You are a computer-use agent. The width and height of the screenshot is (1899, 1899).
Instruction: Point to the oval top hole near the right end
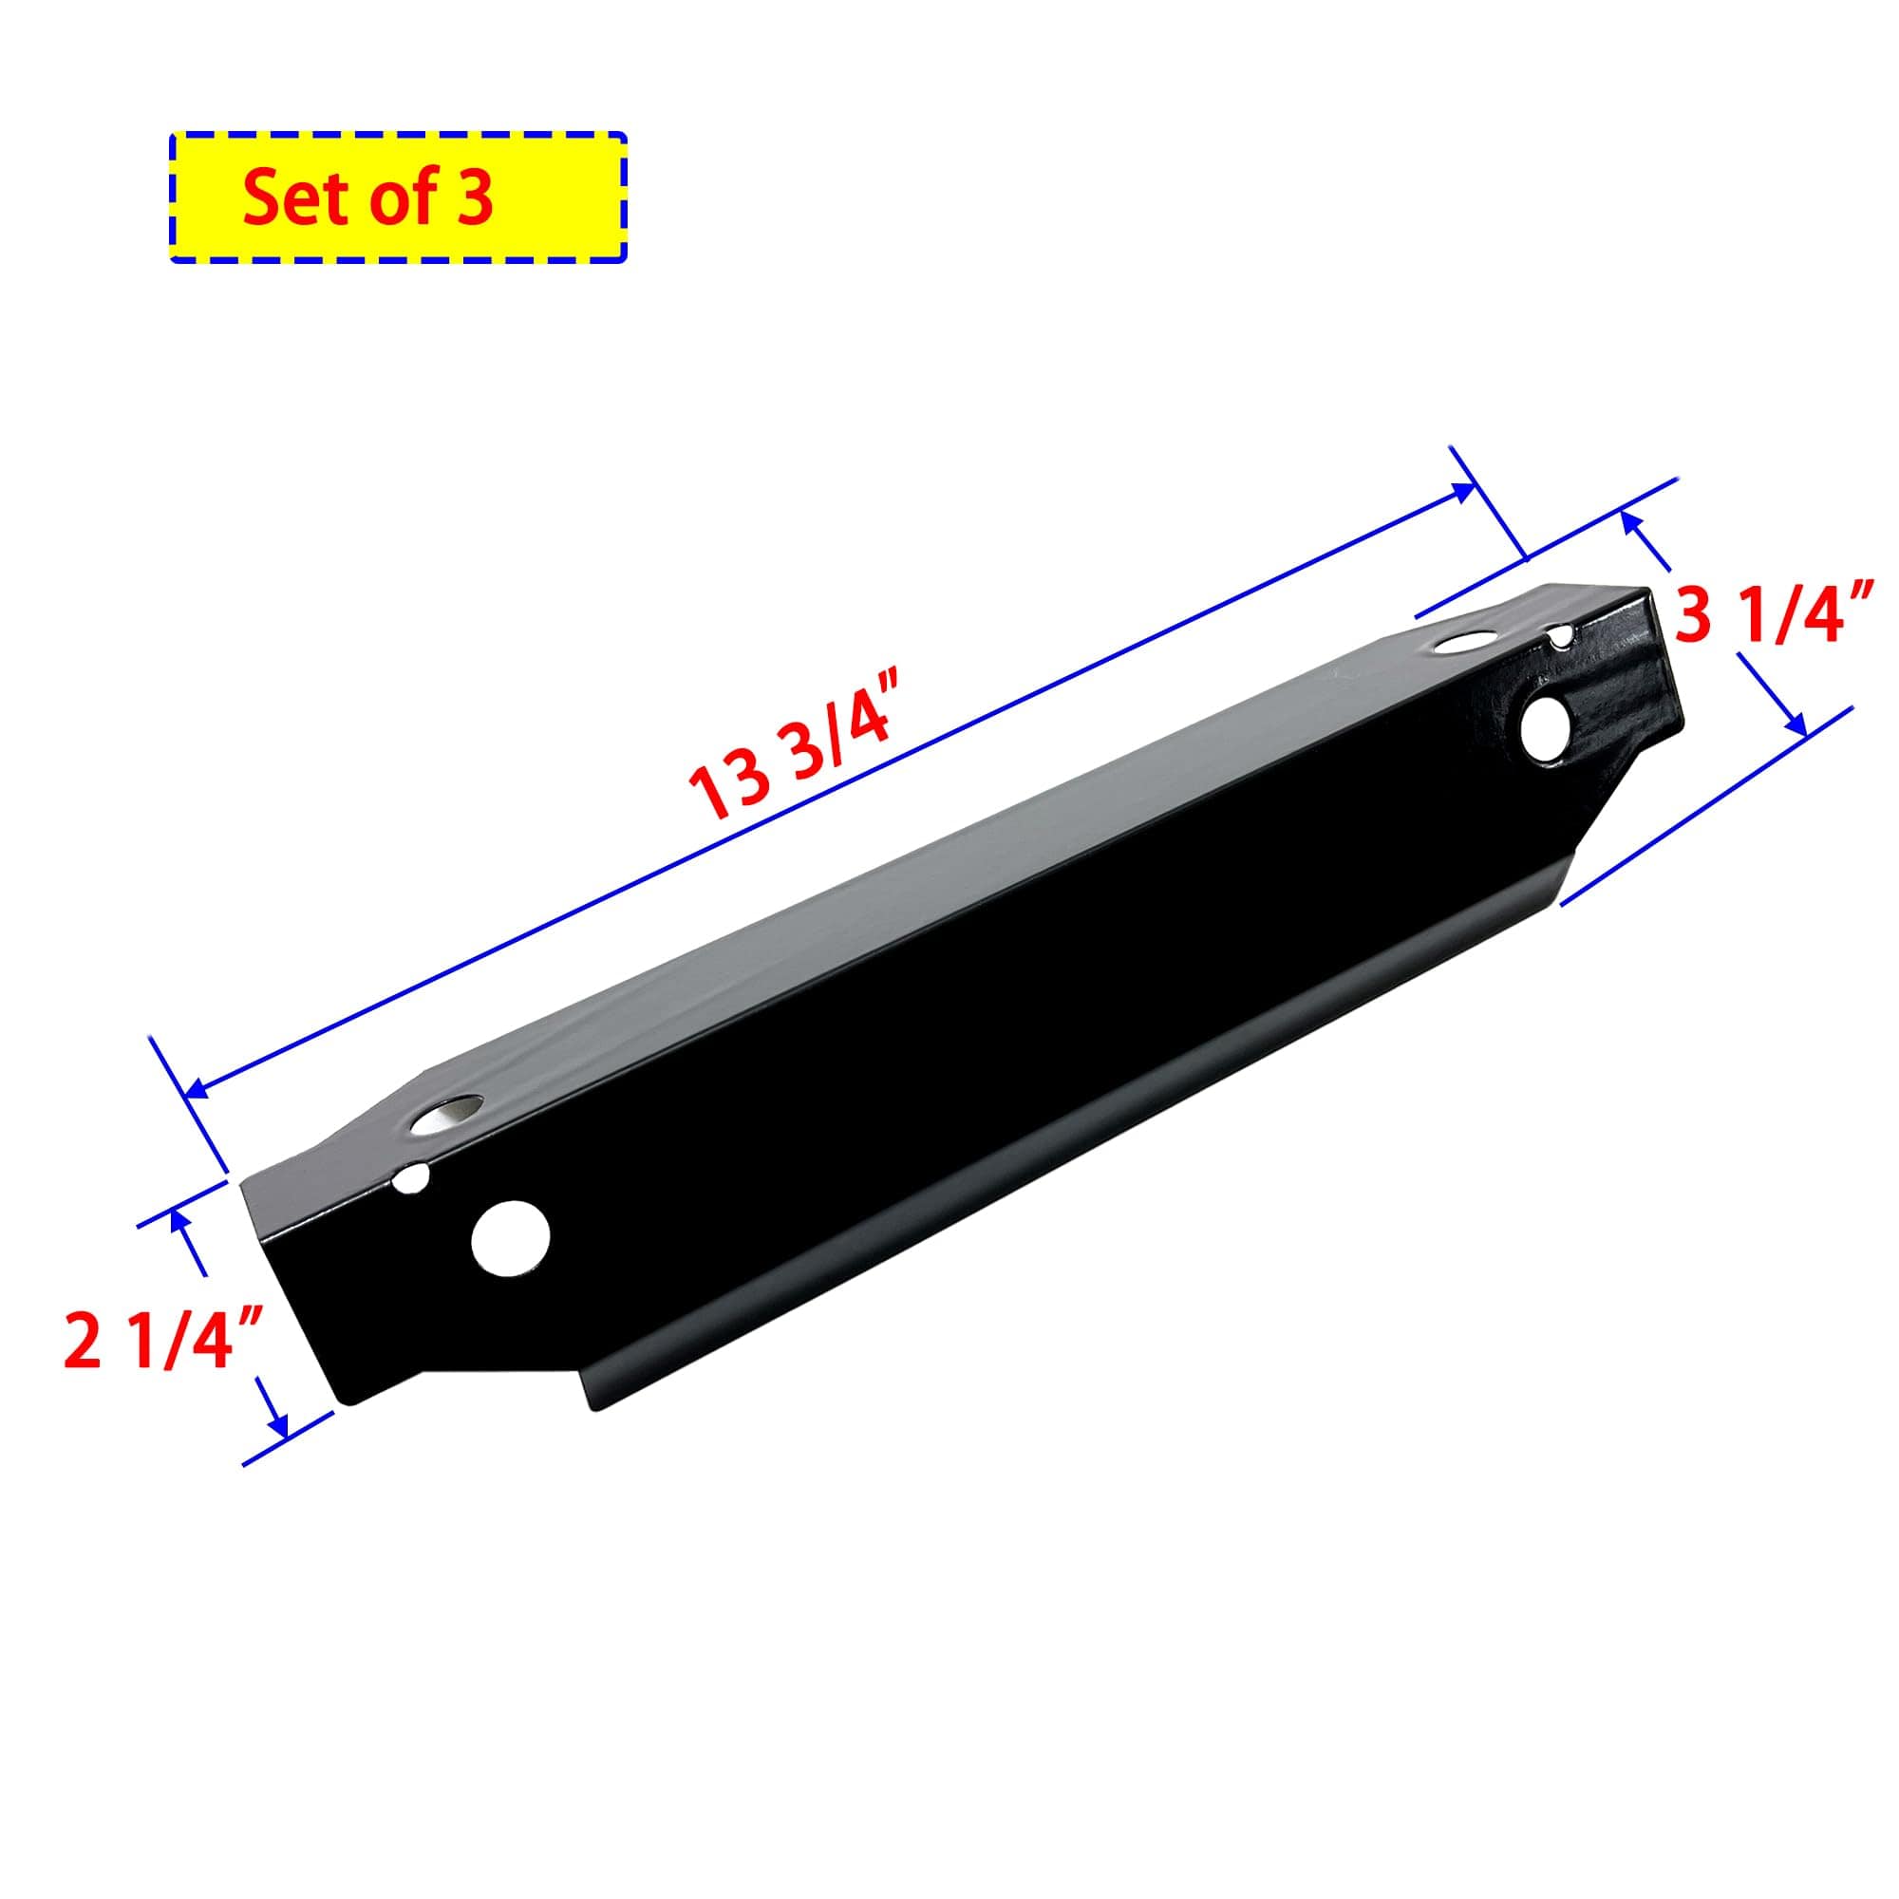[1460, 646]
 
